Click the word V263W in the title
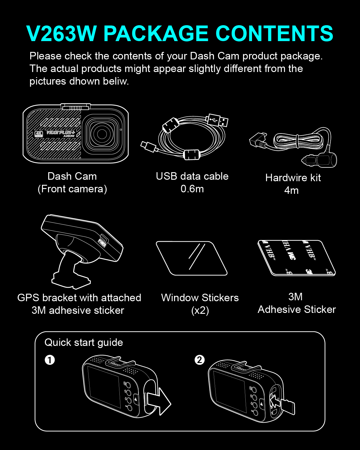coord(61,34)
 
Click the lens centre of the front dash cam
coord(102,134)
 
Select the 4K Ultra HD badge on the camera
coord(39,134)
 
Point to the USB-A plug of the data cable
coord(217,120)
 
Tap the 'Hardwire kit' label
coord(293,178)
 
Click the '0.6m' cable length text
coord(192,189)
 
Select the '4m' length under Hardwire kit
coord(291,190)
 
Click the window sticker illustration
coord(191,258)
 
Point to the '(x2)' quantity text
coord(200,310)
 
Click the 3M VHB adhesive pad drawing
coord(296,258)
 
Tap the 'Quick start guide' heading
coord(84,343)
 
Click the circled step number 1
coord(50,360)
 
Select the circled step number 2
coord(199,360)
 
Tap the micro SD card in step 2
coord(288,407)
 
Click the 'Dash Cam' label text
coord(72,176)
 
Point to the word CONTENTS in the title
coord(274,34)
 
